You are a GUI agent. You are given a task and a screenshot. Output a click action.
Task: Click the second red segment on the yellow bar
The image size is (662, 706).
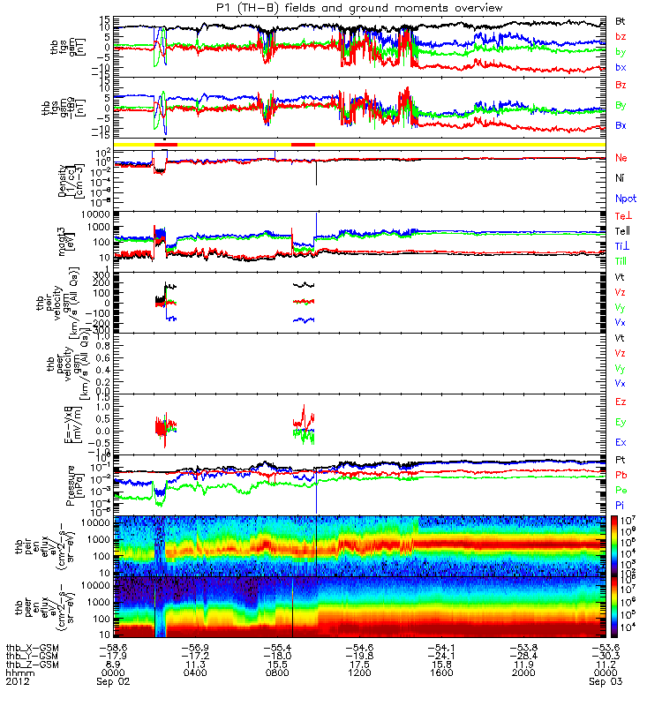(x=303, y=144)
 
